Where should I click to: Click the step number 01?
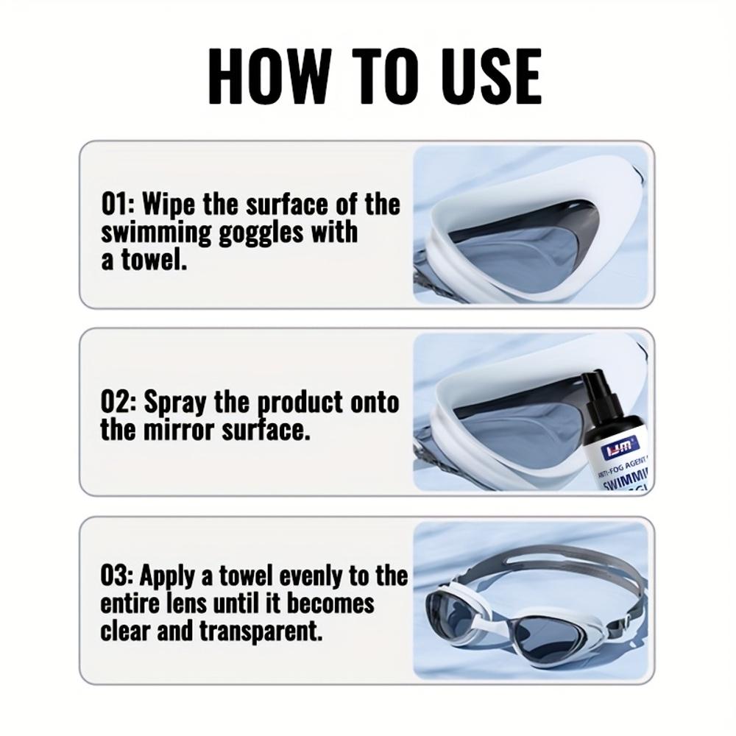click(118, 204)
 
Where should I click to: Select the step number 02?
click(118, 403)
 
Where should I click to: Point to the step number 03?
click(118, 576)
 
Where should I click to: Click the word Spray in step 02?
click(175, 403)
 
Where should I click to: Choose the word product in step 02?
click(302, 403)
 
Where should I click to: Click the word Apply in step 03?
click(166, 576)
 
